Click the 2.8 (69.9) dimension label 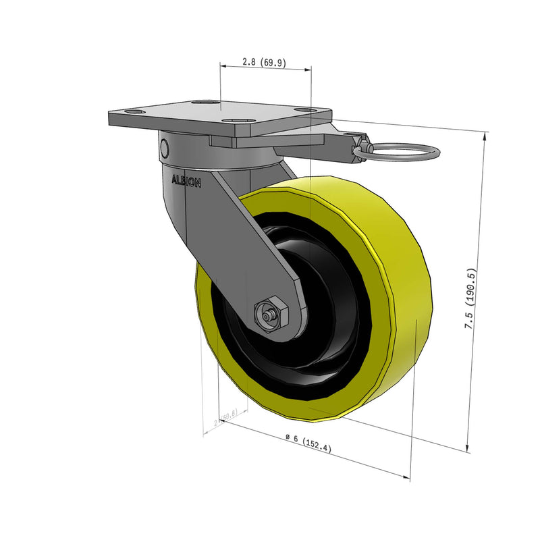(265, 63)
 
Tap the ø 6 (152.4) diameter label (308, 442)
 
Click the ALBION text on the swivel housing (186, 180)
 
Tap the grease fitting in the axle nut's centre (269, 315)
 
